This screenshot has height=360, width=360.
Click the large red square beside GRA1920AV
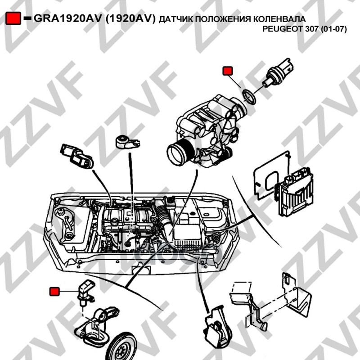coord(13,18)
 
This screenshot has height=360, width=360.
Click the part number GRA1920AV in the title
coord(67,18)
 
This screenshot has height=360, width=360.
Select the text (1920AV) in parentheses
coord(130,19)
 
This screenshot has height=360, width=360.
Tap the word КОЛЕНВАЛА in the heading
coord(279,19)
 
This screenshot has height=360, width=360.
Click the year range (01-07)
coord(333,29)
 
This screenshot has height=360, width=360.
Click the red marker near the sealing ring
coord(228,71)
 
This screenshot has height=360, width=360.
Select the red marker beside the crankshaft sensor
coord(54,291)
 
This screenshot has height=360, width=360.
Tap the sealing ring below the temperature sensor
coord(249,97)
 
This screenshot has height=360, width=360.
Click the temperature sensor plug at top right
coord(279,73)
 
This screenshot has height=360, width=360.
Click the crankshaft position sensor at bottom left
coord(85,292)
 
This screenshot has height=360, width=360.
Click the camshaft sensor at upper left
coord(76,156)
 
